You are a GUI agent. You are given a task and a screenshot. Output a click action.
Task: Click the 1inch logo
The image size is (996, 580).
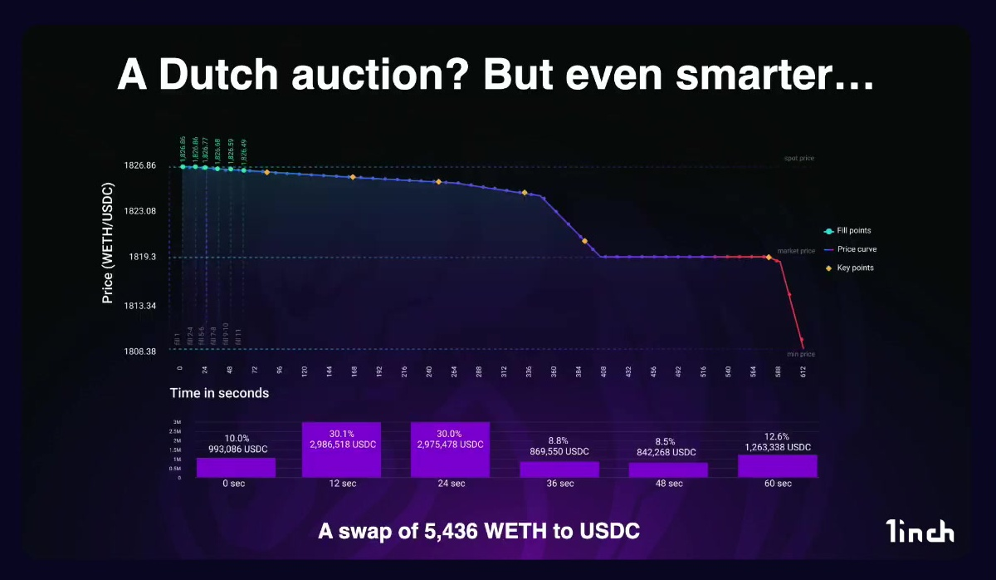[x=919, y=530]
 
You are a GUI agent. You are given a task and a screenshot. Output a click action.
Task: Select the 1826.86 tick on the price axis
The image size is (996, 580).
[x=139, y=166]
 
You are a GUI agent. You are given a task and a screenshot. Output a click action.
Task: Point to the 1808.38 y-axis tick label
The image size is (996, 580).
[x=139, y=351]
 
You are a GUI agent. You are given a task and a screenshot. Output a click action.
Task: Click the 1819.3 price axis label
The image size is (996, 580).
[x=143, y=258]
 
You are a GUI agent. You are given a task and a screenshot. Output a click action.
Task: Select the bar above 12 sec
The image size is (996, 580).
[x=341, y=450]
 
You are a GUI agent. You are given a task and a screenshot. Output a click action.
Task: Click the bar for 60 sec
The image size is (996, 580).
[x=777, y=466]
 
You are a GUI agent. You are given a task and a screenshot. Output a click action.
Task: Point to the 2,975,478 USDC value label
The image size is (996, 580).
[x=450, y=445]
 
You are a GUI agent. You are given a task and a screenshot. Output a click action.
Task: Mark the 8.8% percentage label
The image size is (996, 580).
[x=559, y=440]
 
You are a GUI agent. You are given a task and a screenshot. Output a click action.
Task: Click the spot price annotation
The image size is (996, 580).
[x=798, y=158]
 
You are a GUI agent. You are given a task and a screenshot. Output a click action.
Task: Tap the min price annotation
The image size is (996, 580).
[x=801, y=355]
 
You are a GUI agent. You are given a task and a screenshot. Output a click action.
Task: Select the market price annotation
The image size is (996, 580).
[x=796, y=250]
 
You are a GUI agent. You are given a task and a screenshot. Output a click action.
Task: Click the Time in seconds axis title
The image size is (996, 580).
[x=219, y=393]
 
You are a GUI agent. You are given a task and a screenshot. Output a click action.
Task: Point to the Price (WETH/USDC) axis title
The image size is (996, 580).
[x=108, y=254]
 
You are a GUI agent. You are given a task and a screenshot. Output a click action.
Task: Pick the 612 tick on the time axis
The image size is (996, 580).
[x=803, y=371]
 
